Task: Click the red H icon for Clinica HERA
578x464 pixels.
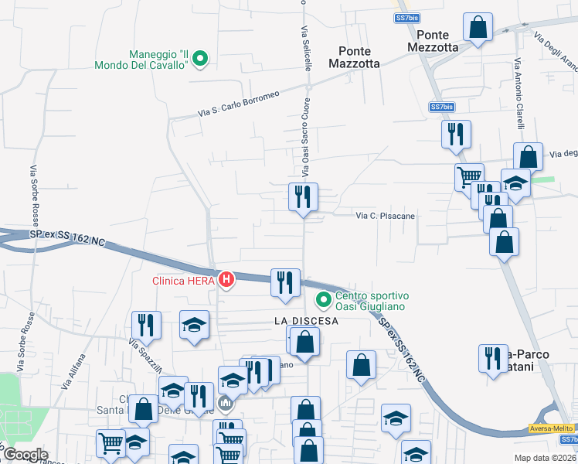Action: pyautogui.click(x=226, y=279)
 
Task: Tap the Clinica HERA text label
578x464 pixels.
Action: pyautogui.click(x=185, y=279)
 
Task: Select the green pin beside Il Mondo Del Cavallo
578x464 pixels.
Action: pyautogui.click(x=200, y=58)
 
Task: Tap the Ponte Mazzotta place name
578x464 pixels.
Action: pyautogui.click(x=354, y=57)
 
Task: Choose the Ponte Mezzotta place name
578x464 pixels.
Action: pyautogui.click(x=437, y=40)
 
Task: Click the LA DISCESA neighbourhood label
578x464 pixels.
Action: pyautogui.click(x=307, y=321)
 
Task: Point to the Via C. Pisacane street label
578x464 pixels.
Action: pyautogui.click(x=385, y=216)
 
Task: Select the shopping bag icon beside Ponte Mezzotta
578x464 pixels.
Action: pyautogui.click(x=478, y=27)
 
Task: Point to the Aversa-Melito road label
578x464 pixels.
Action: pyautogui.click(x=552, y=428)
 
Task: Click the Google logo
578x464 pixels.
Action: pyautogui.click(x=25, y=455)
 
